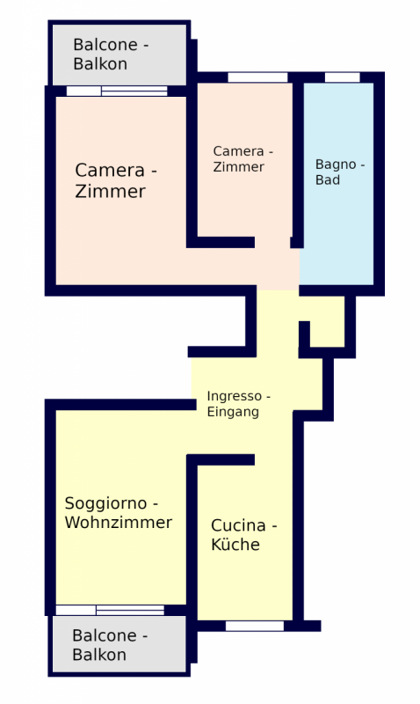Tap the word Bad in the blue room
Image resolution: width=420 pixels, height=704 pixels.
pos(327,180)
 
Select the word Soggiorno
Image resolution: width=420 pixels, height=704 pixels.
pos(105,504)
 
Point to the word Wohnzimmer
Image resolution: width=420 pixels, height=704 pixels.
pos(119,522)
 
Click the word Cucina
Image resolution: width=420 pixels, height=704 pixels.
pos(238,525)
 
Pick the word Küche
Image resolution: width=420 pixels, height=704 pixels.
pos(235,544)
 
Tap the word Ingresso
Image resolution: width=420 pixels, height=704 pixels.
pos(234,397)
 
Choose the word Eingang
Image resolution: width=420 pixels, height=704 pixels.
pos(233,412)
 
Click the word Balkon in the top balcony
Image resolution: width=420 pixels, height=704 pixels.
pos(100,63)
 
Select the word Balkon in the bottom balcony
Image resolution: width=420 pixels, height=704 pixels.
pos(99,655)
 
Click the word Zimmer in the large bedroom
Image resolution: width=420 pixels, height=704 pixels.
pos(110,192)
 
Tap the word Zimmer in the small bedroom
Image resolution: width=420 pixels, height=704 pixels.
pos(238,167)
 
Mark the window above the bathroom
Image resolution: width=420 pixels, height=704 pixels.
pos(343,77)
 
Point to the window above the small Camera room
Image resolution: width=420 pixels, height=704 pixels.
pos(257,77)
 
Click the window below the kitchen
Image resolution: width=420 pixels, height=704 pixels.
pos(255,626)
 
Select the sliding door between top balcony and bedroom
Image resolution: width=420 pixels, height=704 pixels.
pos(117,92)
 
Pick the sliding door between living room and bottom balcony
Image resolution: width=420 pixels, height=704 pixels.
pos(110,610)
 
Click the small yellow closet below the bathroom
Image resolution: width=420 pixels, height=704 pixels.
pos(327,321)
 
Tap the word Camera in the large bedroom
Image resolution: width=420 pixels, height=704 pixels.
pos(110,171)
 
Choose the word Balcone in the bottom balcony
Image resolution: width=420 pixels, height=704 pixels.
pos(105,635)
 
